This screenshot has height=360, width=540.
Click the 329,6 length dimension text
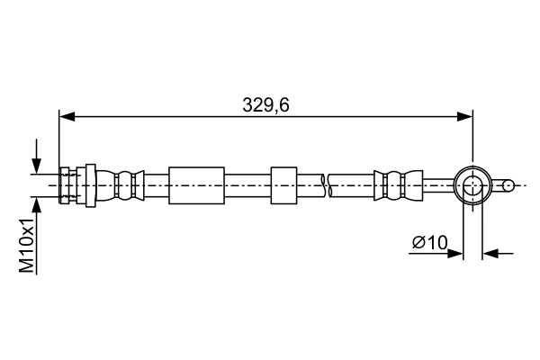click(x=265, y=104)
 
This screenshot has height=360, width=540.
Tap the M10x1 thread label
click(x=27, y=245)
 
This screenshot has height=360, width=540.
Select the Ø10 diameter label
click(x=430, y=242)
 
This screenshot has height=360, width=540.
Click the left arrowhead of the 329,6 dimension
click(x=67, y=116)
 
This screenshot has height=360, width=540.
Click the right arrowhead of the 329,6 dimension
click(x=464, y=116)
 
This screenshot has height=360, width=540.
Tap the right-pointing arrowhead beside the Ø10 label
click(x=454, y=254)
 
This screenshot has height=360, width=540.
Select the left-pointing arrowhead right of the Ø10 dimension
click(x=490, y=254)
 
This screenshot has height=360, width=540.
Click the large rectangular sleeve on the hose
click(x=196, y=185)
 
